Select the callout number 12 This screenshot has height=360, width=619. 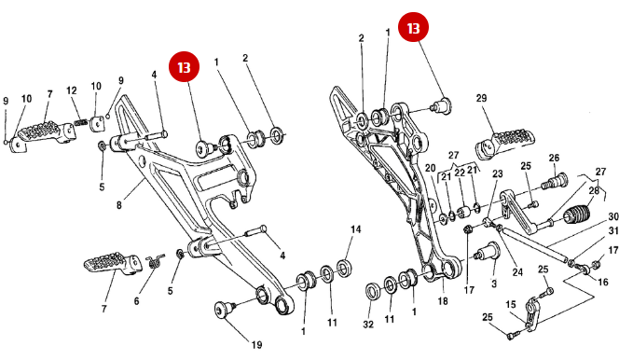[73, 90]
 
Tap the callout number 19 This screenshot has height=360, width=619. [256, 344]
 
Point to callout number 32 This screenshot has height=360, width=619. [368, 325]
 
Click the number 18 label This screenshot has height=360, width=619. [442, 301]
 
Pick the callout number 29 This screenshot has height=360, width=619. [482, 98]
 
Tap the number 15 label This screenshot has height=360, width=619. [511, 304]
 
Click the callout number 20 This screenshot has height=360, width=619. [430, 168]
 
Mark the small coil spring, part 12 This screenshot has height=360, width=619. [82, 120]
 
